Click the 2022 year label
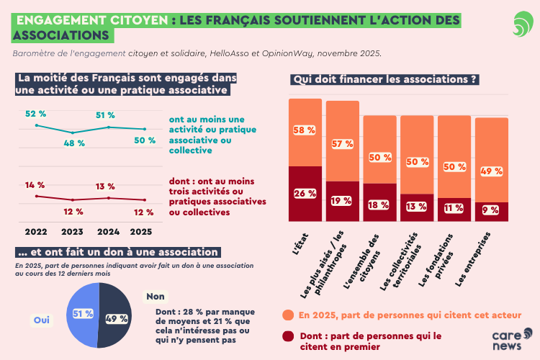click(x=36, y=232)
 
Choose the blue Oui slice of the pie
click(x=81, y=315)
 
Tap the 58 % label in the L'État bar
click(x=305, y=130)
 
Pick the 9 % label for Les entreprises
click(x=492, y=211)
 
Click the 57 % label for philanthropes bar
click(x=342, y=143)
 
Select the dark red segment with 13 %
click(x=417, y=204)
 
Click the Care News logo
click(x=512, y=341)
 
